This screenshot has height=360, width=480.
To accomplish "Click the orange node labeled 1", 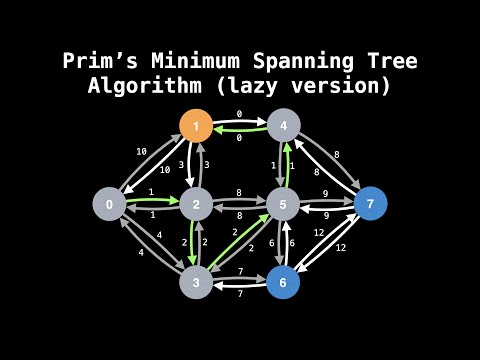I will click(197, 126).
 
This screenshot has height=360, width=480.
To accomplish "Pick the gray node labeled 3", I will click(197, 282).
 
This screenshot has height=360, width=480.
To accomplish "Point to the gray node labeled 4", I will click(284, 126).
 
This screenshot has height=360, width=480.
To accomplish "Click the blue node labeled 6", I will click(284, 282).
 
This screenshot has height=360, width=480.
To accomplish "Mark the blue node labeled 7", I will click(370, 204).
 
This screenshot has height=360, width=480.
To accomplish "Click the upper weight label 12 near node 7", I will click(319, 232).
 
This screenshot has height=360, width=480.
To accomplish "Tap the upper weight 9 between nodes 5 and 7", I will click(326, 192).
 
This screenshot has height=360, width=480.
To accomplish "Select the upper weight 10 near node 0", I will click(142, 151).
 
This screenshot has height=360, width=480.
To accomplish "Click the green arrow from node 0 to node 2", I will click(152, 199).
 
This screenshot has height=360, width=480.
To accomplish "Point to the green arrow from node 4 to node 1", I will click(240, 131).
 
